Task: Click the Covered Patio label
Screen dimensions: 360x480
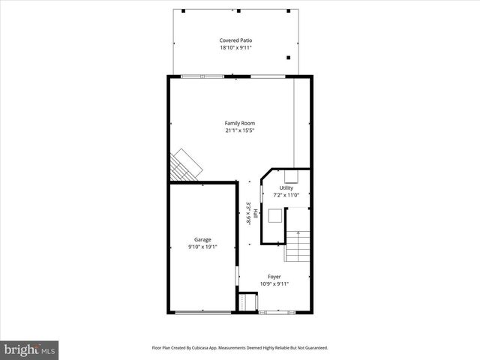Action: tap(235, 40)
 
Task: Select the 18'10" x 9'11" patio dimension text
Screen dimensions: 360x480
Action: tap(235, 47)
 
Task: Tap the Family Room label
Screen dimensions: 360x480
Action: tap(240, 123)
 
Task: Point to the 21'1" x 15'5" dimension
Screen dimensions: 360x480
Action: tap(240, 130)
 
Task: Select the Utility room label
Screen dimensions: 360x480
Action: tap(286, 187)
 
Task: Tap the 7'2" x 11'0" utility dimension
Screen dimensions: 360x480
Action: tap(286, 195)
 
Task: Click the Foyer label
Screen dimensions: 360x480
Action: tap(274, 276)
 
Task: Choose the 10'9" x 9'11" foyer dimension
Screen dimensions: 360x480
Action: tap(274, 283)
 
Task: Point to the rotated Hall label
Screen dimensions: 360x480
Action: tap(255, 214)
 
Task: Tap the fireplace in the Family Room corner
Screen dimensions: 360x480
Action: tap(184, 165)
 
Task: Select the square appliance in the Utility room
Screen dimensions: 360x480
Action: tap(276, 216)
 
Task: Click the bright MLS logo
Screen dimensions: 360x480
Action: tap(30, 349)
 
